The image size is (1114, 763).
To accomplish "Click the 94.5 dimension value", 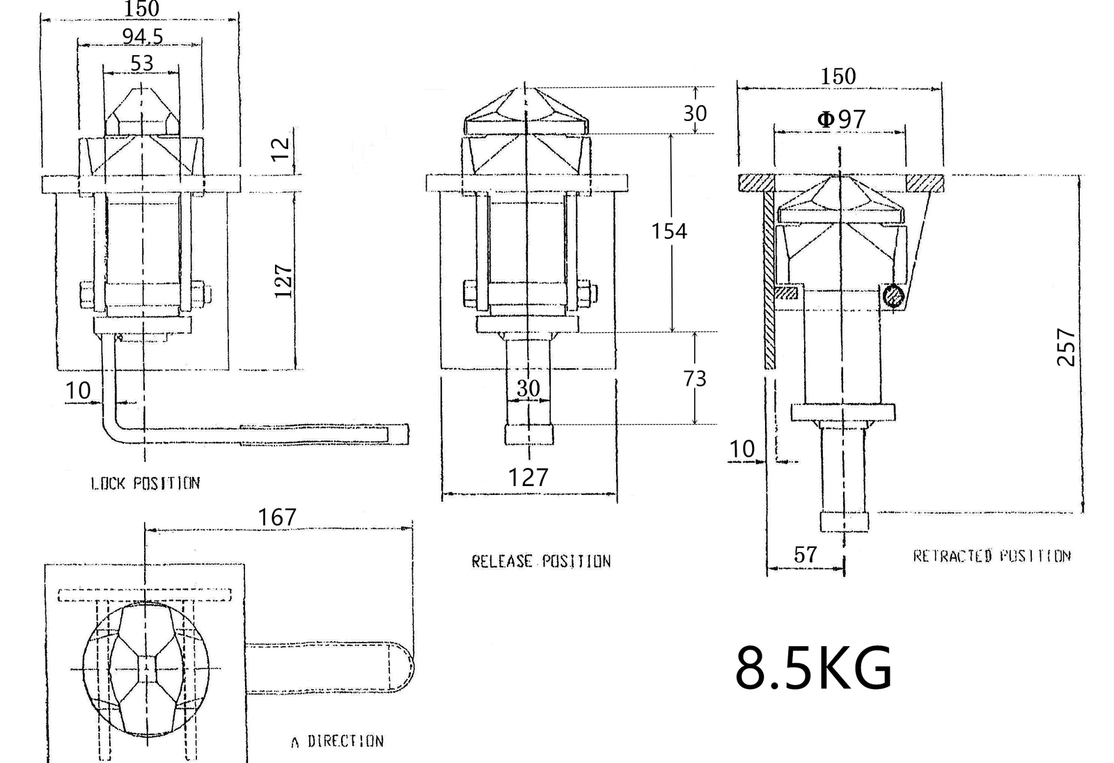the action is (143, 36).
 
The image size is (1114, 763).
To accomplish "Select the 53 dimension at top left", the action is (142, 63).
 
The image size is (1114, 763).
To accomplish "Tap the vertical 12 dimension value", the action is (281, 149).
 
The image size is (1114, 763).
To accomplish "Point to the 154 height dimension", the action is (669, 231).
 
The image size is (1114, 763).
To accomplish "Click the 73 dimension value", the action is (695, 379).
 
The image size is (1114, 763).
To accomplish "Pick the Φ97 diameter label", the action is (842, 119).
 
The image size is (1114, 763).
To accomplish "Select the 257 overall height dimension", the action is (1066, 347).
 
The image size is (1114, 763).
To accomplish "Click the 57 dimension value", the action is (805, 555).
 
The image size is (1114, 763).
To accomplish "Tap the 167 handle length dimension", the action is (277, 517).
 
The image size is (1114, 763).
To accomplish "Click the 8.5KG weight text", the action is (814, 668).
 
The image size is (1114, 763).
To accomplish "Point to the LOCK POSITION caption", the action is (146, 483).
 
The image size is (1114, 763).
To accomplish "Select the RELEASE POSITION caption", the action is (541, 562).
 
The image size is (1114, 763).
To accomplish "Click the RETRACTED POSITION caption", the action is (991, 556).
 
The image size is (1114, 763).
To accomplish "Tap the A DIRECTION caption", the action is (338, 741).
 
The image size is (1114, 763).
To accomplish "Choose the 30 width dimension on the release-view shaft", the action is (528, 388).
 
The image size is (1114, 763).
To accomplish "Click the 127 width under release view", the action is (528, 478).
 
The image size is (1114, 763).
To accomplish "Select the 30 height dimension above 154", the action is (695, 113).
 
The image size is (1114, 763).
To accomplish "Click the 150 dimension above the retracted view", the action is (838, 77).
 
